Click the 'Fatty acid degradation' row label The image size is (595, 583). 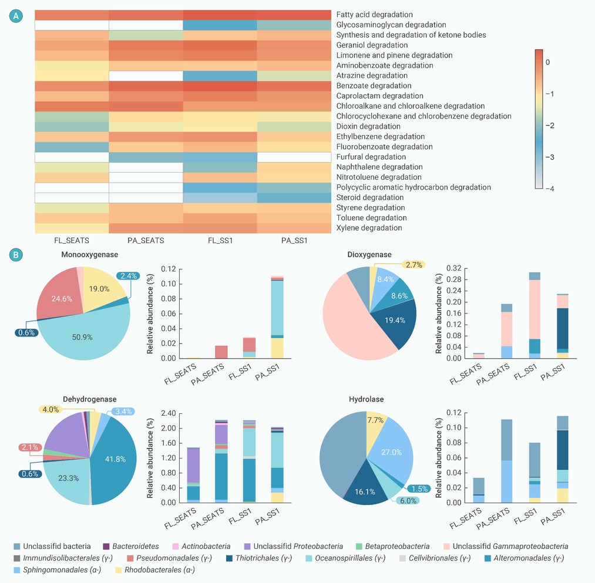[374, 15]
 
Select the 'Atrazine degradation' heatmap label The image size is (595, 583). [372, 76]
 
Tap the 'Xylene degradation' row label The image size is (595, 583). [369, 228]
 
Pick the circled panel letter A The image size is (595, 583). [17, 17]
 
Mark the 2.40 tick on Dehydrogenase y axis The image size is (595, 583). [167, 413]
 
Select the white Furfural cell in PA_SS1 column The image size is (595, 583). [294, 157]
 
